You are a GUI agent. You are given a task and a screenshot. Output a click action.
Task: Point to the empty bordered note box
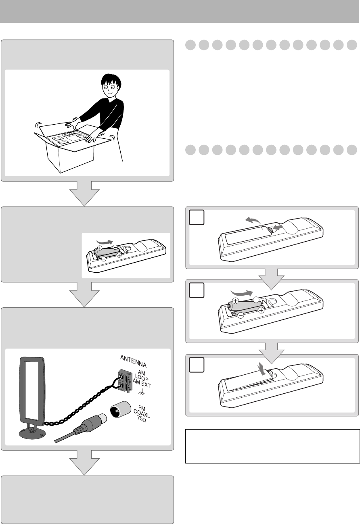tap(272, 446)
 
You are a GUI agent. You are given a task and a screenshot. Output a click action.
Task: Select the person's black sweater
tap(109, 117)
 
